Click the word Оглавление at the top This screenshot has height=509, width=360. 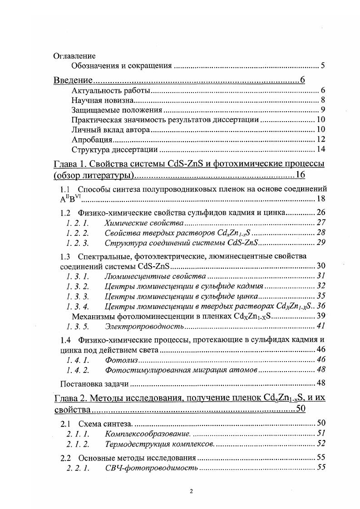click(74, 56)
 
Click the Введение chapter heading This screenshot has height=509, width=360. click(74, 81)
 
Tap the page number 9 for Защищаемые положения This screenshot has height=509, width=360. click(322, 110)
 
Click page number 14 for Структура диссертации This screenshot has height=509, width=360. click(320, 149)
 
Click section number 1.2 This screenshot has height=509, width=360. click(65, 212)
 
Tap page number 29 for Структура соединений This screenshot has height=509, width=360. click(320, 243)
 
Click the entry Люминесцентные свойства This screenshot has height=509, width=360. click(155, 276)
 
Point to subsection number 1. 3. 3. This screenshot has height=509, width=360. click(77, 297)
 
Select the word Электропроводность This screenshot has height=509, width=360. click(144, 326)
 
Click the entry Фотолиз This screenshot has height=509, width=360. click(121, 360)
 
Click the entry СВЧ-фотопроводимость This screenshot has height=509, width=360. click(151, 468)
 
